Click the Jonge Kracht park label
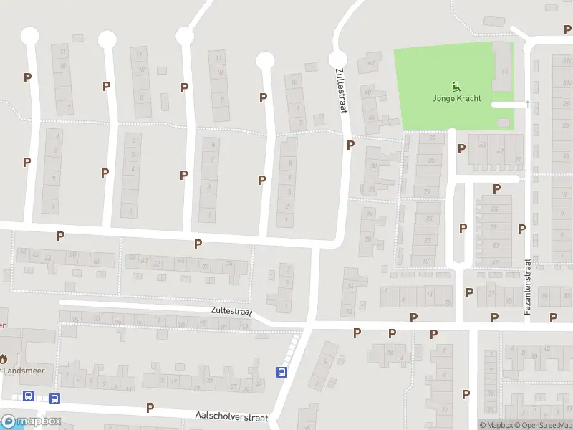point(456,99)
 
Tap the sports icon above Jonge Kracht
point(456,87)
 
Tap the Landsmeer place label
point(20,371)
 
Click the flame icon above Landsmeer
point(3,358)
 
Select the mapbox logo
point(32,421)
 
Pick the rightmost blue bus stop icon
point(282,372)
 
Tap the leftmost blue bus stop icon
point(29,396)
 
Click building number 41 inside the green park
point(504,72)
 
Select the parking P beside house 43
point(462,149)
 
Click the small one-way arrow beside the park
point(527,104)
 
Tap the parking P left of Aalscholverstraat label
point(150,408)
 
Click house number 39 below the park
point(431,139)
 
